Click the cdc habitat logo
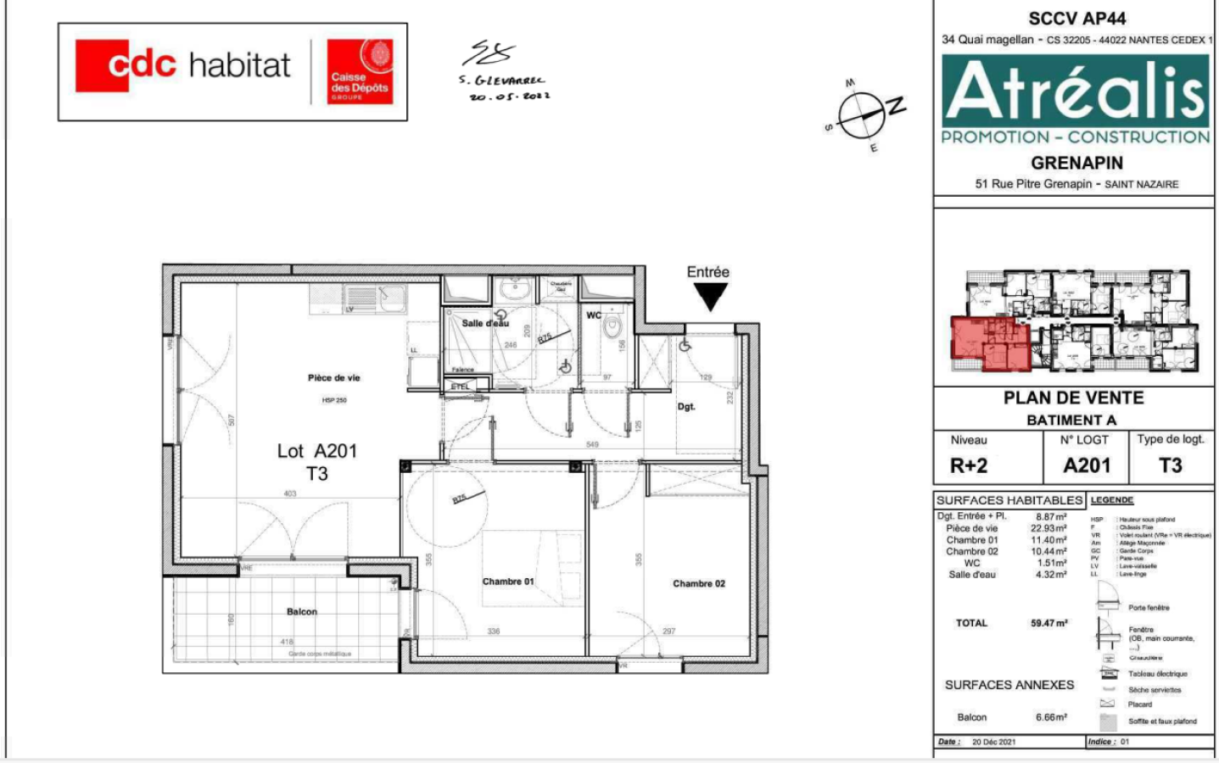coord(183,65)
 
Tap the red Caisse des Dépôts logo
coord(360,71)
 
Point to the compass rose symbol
coord(863,114)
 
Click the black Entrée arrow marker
coord(710,296)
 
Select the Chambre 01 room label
coord(507,582)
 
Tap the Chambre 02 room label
coord(699,583)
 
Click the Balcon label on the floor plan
coord(301,611)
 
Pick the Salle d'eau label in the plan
coord(485,323)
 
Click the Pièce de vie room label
coord(333,378)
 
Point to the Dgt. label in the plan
coord(685,407)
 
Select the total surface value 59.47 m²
coord(1048,623)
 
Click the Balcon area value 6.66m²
coord(1050,717)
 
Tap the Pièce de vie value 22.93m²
coord(1048,528)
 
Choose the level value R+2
coord(968,465)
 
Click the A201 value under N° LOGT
coord(1087,465)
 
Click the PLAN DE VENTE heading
coord(1073,398)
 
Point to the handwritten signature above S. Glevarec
coord(489,53)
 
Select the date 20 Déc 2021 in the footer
coord(993,742)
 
